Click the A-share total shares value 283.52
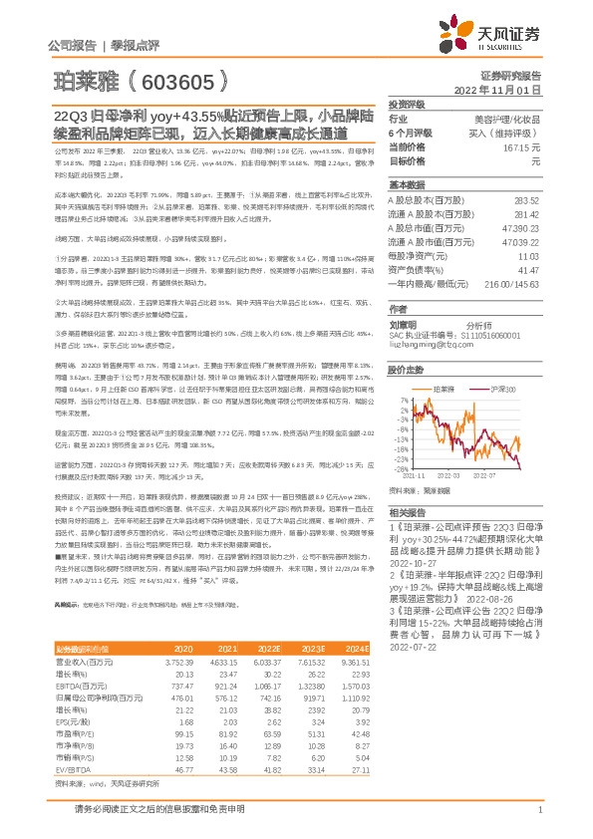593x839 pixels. (x=526, y=201)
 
